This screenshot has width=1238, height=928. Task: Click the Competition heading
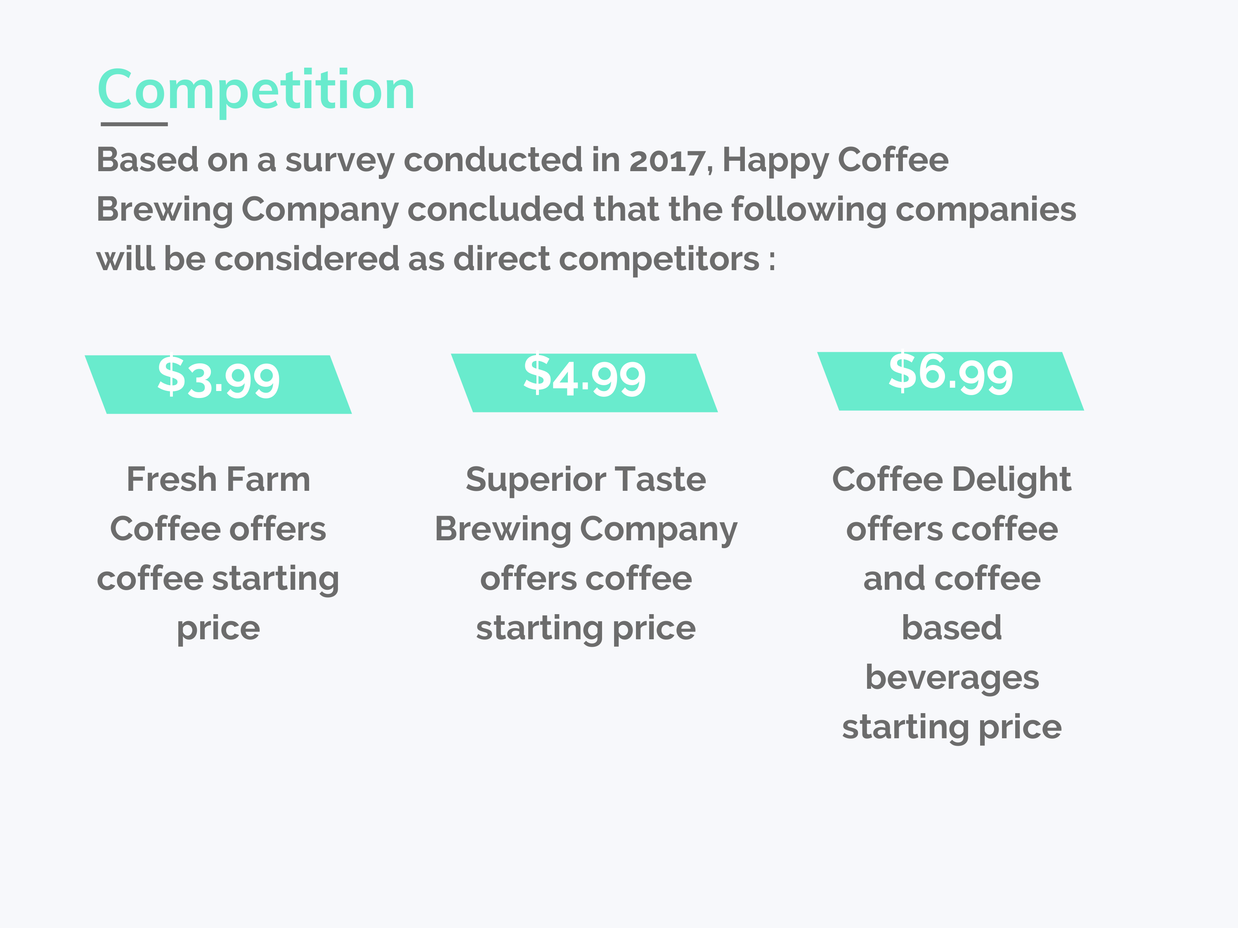(256, 91)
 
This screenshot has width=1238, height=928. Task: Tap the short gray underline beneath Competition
(134, 124)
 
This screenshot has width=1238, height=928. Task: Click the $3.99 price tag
(218, 384)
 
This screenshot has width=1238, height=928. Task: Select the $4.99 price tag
(584, 383)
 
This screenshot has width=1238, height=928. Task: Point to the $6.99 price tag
(951, 381)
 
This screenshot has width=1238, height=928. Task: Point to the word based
(952, 628)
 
